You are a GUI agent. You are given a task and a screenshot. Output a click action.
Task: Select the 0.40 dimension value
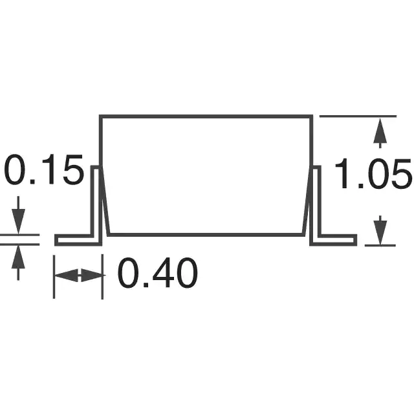pos(158,272)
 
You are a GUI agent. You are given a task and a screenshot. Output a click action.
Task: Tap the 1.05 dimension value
pos(373,173)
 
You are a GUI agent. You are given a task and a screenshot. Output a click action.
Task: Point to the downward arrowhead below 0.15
pos(18,221)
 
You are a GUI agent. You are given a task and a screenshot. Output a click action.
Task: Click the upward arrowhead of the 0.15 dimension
pos(18,257)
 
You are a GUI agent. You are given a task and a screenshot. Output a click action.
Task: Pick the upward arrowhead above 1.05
pos(380,131)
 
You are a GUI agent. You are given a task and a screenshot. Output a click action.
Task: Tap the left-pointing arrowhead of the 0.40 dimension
pos(66,276)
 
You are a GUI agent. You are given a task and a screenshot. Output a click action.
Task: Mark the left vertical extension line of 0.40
pos(54,277)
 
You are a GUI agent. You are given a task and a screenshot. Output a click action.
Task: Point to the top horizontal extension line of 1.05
pos(358,116)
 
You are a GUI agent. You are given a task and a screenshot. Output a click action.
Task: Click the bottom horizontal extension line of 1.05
pos(380,245)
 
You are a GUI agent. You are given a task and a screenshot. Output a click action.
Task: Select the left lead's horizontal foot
pos(78,240)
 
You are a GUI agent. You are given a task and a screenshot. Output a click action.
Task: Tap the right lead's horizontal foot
pos(333,240)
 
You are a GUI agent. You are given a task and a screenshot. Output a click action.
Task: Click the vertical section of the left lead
pos(96,201)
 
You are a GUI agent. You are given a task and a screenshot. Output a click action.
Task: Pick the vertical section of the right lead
pos(315,201)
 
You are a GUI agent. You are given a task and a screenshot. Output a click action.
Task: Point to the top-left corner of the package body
pos(101,116)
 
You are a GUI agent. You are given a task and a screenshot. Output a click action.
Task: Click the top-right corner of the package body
pos(312,116)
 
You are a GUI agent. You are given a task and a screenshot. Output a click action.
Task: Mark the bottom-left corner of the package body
pos(109,235)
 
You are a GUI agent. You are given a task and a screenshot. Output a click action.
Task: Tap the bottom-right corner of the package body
pos(303,235)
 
